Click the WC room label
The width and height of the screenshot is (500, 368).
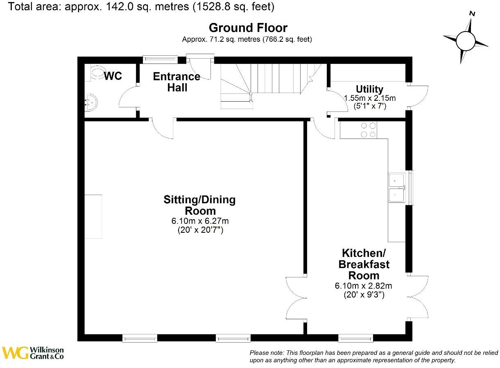[x=113, y=76]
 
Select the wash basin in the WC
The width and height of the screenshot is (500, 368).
[x=90, y=102]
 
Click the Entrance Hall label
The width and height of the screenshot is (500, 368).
[x=176, y=82]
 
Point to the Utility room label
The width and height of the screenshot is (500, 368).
[x=369, y=89]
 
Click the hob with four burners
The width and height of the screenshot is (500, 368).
[x=368, y=130]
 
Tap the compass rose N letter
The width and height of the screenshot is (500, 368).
[x=472, y=14]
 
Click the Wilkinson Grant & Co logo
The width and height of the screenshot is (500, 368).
[x=33, y=353]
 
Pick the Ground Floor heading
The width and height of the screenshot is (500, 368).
[x=248, y=28]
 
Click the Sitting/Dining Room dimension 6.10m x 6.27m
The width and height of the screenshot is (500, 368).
[x=199, y=221]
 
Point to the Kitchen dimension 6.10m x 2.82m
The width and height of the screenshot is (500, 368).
[x=364, y=286]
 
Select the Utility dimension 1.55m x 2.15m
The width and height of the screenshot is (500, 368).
[x=370, y=98]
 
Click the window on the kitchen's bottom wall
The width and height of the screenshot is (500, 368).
[x=355, y=338]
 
